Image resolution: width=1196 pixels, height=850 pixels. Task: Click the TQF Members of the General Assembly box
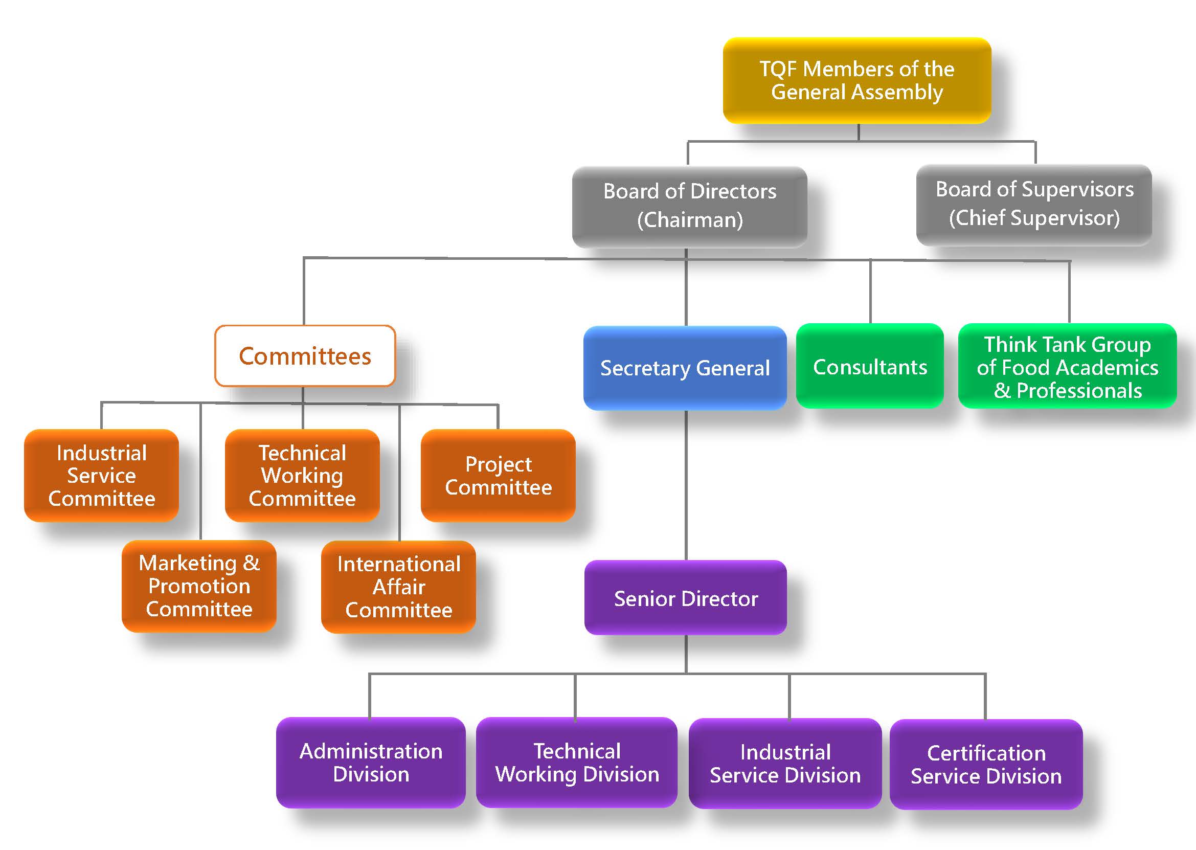point(856,81)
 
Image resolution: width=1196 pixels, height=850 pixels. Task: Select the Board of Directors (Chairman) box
point(690,206)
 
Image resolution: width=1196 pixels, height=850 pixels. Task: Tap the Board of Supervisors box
point(1034,204)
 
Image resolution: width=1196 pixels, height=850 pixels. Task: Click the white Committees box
point(305,356)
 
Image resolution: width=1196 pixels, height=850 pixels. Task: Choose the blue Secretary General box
point(685,368)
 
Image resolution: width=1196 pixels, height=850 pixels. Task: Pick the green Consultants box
point(870,366)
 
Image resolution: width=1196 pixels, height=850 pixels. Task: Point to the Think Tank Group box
point(1067,366)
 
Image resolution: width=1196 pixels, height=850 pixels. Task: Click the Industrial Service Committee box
point(101,475)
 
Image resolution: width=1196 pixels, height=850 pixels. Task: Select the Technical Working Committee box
point(302,475)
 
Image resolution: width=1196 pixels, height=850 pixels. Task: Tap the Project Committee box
point(498,475)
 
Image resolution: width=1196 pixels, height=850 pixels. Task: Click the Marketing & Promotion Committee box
point(199,586)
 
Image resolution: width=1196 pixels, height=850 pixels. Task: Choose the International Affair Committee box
point(399,587)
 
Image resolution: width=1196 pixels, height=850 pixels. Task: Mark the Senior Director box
point(685,598)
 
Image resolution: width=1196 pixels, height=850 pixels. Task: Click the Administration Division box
point(371,762)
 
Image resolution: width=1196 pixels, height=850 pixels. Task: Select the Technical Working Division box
point(577,762)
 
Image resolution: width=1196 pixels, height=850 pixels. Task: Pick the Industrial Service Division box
point(785,763)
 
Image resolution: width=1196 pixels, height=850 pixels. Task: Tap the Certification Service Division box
point(986,764)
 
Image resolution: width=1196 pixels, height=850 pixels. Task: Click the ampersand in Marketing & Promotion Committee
point(251,563)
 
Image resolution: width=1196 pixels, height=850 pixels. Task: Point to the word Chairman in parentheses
point(690,220)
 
